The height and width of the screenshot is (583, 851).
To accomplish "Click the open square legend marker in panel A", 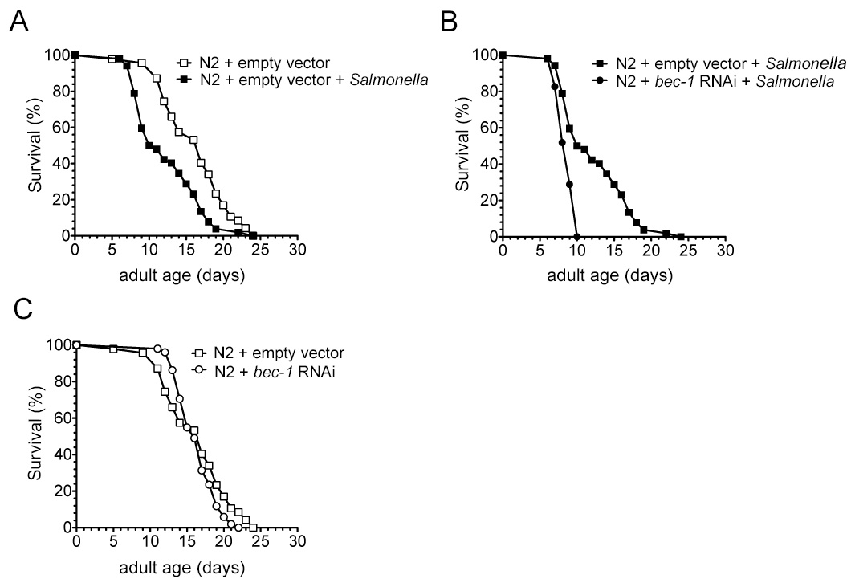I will pyautogui.click(x=182, y=62).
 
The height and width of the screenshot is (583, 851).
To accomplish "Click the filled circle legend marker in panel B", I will pyautogui.click(x=599, y=81).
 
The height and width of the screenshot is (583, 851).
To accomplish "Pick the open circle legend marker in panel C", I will pyautogui.click(x=197, y=369).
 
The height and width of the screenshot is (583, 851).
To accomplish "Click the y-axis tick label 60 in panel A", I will pyautogui.click(x=58, y=127).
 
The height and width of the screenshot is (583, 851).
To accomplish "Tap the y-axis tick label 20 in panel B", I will pyautogui.click(x=486, y=200).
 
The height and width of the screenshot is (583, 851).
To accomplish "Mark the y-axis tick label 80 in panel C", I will pyautogui.click(x=58, y=381).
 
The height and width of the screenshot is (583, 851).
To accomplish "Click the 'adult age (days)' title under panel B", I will pyautogui.click(x=611, y=275).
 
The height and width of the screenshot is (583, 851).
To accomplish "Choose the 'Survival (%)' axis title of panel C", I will pyautogui.click(x=35, y=437).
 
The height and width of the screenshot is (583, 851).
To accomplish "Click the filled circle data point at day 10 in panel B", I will pyautogui.click(x=577, y=236).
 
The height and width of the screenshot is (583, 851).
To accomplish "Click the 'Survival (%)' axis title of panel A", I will pyautogui.click(x=35, y=145).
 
